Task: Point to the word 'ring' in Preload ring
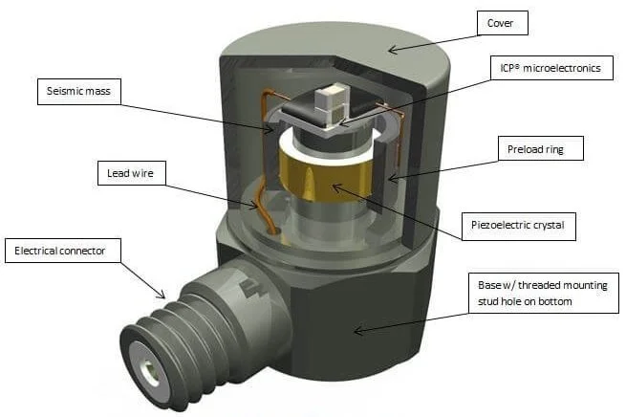(566, 149)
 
